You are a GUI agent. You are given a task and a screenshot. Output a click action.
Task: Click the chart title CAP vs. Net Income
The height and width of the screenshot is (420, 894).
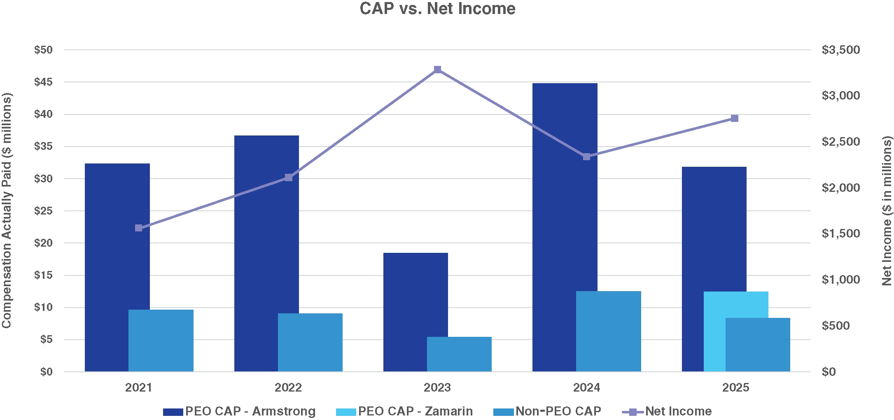pos(437,9)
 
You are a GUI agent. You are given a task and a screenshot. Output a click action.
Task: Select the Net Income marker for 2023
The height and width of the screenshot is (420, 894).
pos(438,69)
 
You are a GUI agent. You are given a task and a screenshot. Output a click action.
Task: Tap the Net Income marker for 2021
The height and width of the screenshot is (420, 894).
pos(139,228)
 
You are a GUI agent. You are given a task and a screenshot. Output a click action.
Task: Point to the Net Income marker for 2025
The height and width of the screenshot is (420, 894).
pos(735,119)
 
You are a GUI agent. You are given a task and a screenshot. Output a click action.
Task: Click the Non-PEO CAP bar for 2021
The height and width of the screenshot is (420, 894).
pos(161,341)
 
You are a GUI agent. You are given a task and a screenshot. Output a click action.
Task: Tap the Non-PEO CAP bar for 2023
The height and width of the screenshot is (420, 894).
pos(459,354)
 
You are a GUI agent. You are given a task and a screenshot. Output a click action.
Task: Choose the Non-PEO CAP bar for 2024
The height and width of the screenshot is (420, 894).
pos(608,331)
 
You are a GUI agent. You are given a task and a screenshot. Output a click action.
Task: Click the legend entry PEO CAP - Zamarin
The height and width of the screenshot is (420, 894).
pos(404,411)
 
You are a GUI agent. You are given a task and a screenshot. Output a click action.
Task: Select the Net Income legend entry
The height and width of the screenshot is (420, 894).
pos(667,411)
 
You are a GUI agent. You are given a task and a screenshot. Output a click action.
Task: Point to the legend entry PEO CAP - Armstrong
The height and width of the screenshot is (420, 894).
pos(239,411)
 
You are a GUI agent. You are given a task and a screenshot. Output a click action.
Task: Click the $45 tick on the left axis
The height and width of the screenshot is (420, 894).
pos(43,82)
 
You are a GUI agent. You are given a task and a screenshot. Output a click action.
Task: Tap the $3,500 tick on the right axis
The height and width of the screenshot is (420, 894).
pos(841,50)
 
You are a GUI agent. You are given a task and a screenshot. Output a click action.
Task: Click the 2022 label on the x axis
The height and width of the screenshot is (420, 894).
pos(288,387)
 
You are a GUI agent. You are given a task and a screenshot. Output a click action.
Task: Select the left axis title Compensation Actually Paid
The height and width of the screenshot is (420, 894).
pos(7,210)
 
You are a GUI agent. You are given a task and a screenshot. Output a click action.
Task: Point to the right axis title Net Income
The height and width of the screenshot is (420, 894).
pos(887,210)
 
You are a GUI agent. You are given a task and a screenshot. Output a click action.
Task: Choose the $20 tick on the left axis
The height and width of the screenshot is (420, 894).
pos(43,243)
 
